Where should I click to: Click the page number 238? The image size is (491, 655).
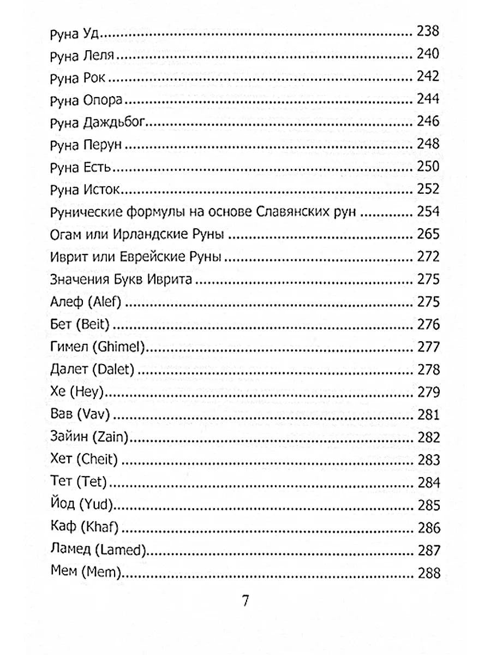(x=428, y=32)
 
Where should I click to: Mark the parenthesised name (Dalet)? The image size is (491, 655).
(x=113, y=370)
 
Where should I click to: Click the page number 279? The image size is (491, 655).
(x=428, y=392)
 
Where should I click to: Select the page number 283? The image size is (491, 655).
(x=428, y=460)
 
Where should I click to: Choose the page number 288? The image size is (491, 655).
(x=428, y=573)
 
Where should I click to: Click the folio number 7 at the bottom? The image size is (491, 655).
(x=245, y=603)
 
